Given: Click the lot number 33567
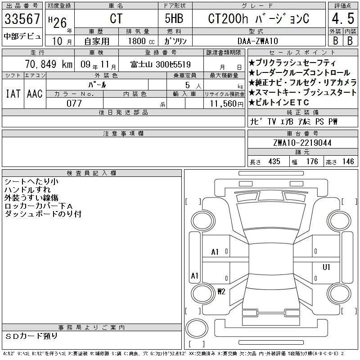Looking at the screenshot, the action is [22, 18].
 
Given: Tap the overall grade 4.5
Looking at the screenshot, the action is [343, 18].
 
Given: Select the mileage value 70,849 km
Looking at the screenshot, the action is [49, 64].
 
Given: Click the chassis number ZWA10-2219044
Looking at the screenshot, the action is [302, 143].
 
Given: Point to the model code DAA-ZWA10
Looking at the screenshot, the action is [257, 41].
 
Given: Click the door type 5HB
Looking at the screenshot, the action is [174, 18].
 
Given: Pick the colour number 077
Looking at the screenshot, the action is [74, 103].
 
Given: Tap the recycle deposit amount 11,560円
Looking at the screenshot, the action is [226, 104].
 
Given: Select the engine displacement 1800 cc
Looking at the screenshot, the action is [141, 41].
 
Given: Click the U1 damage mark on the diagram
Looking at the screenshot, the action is [326, 267].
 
